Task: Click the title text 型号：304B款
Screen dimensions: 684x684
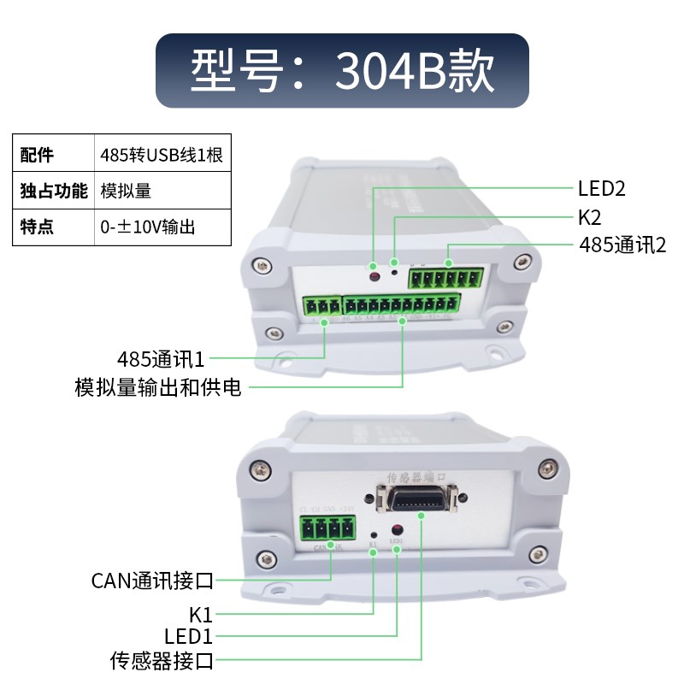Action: point(342,71)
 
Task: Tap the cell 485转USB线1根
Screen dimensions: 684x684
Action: point(162,155)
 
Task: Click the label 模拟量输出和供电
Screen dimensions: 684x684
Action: point(158,388)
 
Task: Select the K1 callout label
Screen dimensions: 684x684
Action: point(200,614)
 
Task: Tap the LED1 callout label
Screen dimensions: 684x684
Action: point(188,636)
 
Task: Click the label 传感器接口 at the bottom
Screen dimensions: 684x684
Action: point(162,660)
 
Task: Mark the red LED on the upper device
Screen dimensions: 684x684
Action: point(374,275)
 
